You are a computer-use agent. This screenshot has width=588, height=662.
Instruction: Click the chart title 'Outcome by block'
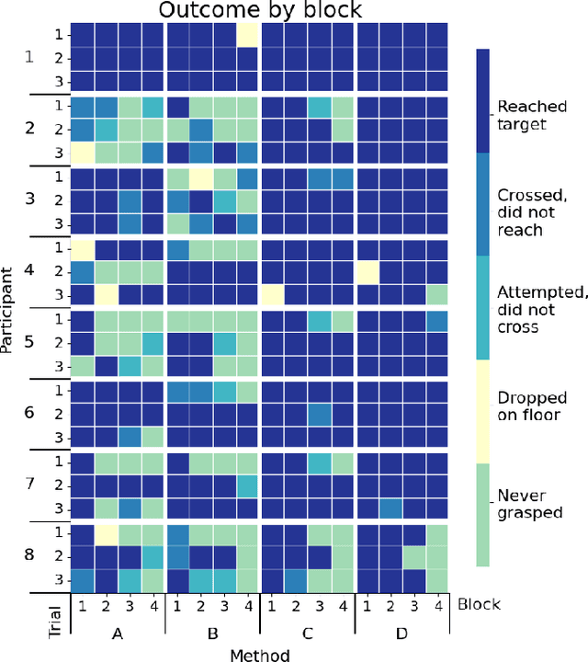click(259, 11)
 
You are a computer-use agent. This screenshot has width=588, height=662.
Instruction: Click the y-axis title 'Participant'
click(8, 310)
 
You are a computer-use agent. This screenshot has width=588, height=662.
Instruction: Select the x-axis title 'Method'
click(260, 654)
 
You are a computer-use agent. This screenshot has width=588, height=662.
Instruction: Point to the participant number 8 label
click(28, 555)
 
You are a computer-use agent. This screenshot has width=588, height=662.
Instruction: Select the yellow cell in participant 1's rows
click(248, 34)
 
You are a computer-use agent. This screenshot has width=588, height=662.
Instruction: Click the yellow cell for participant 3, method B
click(200, 177)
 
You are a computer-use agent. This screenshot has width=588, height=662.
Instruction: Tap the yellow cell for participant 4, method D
click(367, 271)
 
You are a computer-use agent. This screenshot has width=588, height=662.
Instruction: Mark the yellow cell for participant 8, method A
click(106, 533)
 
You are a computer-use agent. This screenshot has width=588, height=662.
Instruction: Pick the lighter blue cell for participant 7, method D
click(390, 508)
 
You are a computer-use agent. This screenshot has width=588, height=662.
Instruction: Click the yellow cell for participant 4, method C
click(272, 294)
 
